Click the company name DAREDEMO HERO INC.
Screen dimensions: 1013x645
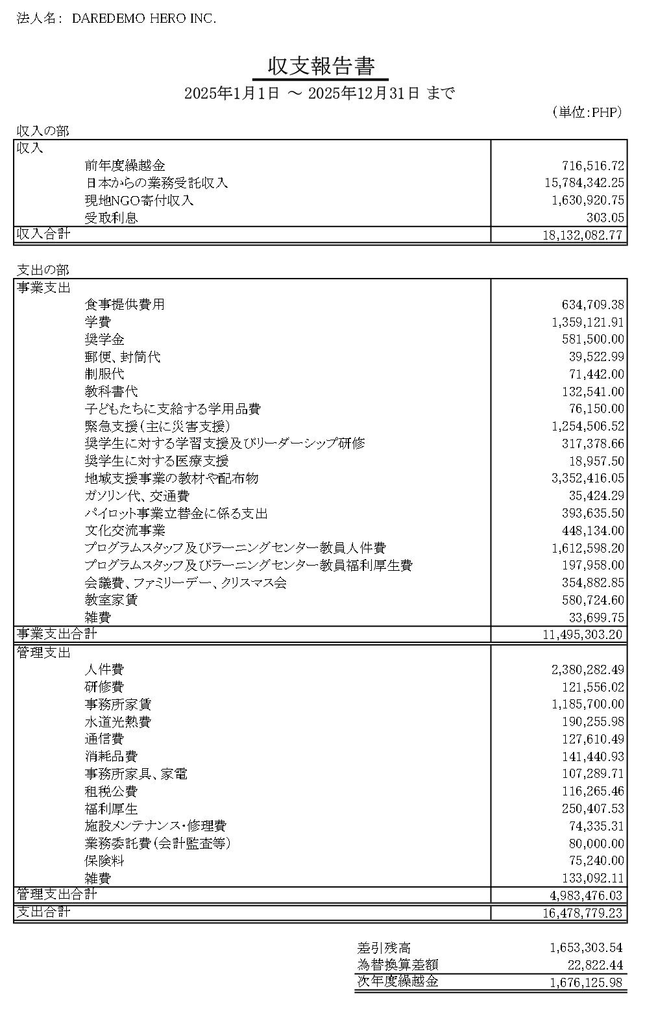tap(143, 19)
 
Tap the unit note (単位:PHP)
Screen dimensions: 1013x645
tap(587, 112)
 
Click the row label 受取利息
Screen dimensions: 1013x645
tap(111, 218)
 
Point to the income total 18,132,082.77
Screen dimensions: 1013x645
tap(583, 235)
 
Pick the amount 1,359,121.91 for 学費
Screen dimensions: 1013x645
tap(587, 322)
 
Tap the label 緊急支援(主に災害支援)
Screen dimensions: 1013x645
tap(157, 427)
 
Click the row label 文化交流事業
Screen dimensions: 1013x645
tap(125, 531)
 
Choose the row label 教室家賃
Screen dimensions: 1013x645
tap(111, 601)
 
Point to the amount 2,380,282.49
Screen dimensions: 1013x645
tap(587, 669)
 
